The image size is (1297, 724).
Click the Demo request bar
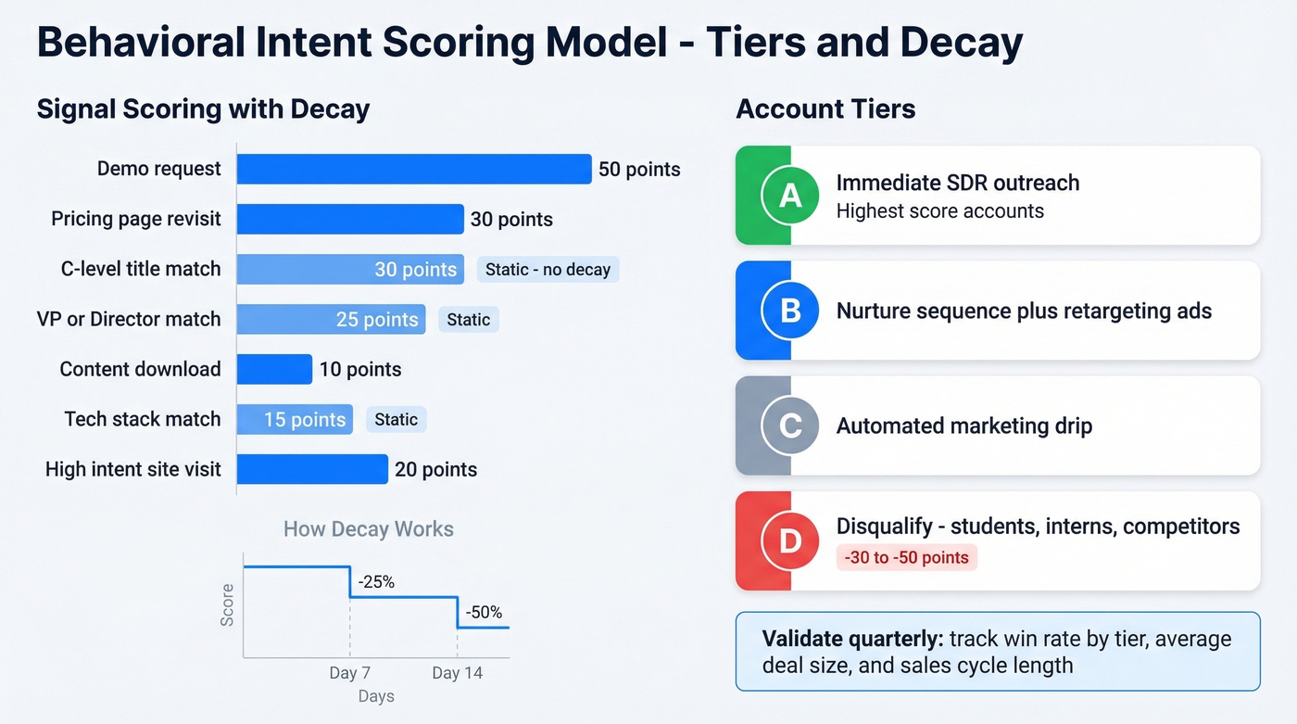414,169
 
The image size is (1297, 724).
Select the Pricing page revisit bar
350,219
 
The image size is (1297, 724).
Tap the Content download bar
274,369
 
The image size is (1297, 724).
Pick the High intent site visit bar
312,469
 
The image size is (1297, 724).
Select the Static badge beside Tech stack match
396,419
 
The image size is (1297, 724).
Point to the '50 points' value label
639,170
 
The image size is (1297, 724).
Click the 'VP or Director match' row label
128,319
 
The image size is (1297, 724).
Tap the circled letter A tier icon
789,196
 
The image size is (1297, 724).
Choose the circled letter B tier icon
789,311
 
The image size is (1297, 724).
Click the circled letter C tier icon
789,426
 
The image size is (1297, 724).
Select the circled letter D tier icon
789,540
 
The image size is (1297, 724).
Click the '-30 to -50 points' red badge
906,557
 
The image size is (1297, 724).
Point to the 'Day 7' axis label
350,673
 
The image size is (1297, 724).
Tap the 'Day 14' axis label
458,673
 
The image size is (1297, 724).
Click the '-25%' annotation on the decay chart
377,582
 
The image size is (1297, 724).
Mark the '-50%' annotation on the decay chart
484,612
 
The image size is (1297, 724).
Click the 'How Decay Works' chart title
368,529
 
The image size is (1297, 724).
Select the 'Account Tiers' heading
825,109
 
